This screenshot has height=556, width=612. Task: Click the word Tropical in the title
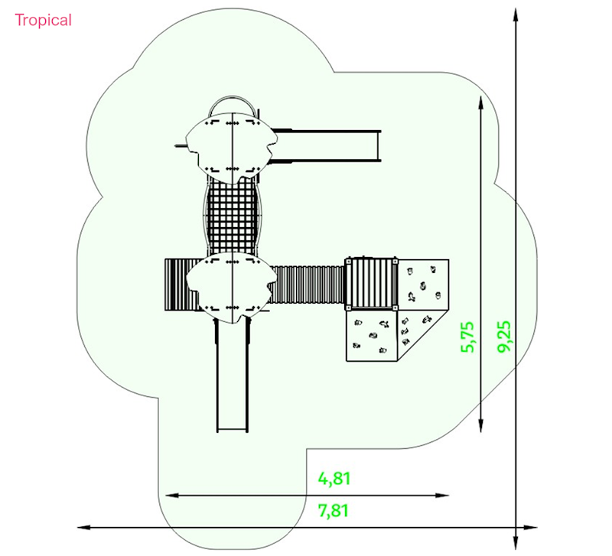click(x=44, y=20)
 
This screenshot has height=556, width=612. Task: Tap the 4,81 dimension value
click(x=334, y=479)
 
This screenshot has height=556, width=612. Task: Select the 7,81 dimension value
click(x=334, y=511)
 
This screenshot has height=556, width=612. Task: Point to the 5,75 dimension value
click(x=467, y=337)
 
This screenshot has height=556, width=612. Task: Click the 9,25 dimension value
click(x=503, y=337)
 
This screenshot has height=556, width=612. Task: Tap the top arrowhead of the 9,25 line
click(x=516, y=15)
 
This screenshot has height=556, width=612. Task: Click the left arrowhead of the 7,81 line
click(x=84, y=528)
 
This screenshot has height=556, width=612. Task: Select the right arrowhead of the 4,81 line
click(x=442, y=496)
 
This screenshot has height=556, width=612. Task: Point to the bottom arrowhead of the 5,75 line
click(x=481, y=426)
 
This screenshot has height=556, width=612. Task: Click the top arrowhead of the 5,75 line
click(x=481, y=103)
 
